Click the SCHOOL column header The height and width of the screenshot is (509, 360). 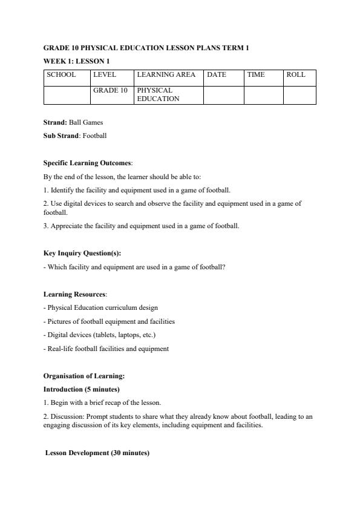[62, 75]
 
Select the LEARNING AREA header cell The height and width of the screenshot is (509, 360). [166, 75]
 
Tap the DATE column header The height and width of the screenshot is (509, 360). [217, 75]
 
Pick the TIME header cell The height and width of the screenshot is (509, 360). [256, 75]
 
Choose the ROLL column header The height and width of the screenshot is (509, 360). [296, 75]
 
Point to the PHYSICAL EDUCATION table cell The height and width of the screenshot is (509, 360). [159, 94]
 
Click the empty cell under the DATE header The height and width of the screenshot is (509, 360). [223, 94]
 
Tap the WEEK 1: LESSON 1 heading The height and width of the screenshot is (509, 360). [76, 61]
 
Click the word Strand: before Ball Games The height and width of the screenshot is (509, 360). [55, 122]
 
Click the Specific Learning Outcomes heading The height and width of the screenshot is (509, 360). [79, 163]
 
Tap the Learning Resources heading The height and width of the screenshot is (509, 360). [74, 294]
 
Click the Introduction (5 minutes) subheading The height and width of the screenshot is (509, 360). [81, 389]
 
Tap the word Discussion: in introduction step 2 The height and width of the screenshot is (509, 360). [67, 416]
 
